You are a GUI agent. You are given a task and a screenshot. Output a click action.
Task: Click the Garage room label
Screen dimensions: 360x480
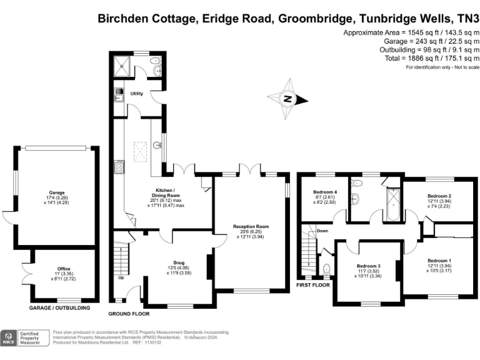pyautogui.click(x=57, y=192)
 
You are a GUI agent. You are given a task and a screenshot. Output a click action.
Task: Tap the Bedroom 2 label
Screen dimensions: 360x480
pyautogui.click(x=440, y=187)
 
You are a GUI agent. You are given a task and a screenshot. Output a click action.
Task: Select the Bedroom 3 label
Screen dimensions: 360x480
pyautogui.click(x=369, y=266)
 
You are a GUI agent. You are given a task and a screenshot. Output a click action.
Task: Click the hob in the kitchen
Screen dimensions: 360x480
pyautogui.click(x=118, y=167)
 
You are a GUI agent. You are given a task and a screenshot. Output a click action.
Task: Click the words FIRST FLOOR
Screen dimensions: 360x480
pyautogui.click(x=313, y=285)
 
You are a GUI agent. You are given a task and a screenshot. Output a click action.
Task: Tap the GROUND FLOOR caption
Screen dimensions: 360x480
pyautogui.click(x=129, y=313)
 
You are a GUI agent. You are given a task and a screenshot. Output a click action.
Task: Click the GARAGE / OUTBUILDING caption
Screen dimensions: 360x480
pyautogui.click(x=60, y=308)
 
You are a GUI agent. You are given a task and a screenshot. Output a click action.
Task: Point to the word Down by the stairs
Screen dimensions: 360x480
pyautogui.click(x=322, y=231)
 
